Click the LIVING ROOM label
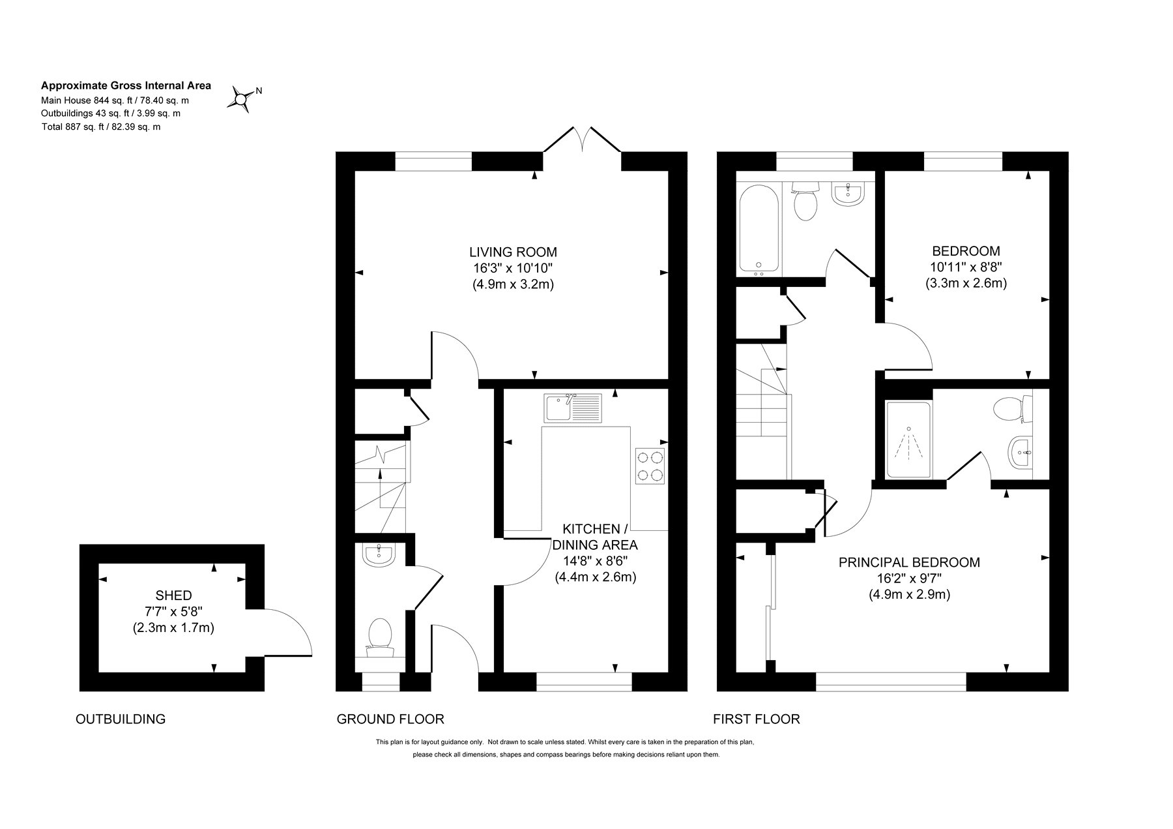(x=513, y=252)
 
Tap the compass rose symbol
(x=241, y=99)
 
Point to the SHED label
(x=173, y=595)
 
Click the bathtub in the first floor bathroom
(x=758, y=228)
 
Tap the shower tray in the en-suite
(x=908, y=440)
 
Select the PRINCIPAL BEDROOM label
(x=909, y=562)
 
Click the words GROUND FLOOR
(x=390, y=719)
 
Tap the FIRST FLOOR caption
(x=756, y=719)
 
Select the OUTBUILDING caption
(x=121, y=719)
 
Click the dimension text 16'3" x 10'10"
(x=513, y=268)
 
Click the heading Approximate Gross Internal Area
(x=126, y=85)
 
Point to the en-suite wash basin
(x=1019, y=452)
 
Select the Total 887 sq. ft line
(x=100, y=127)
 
